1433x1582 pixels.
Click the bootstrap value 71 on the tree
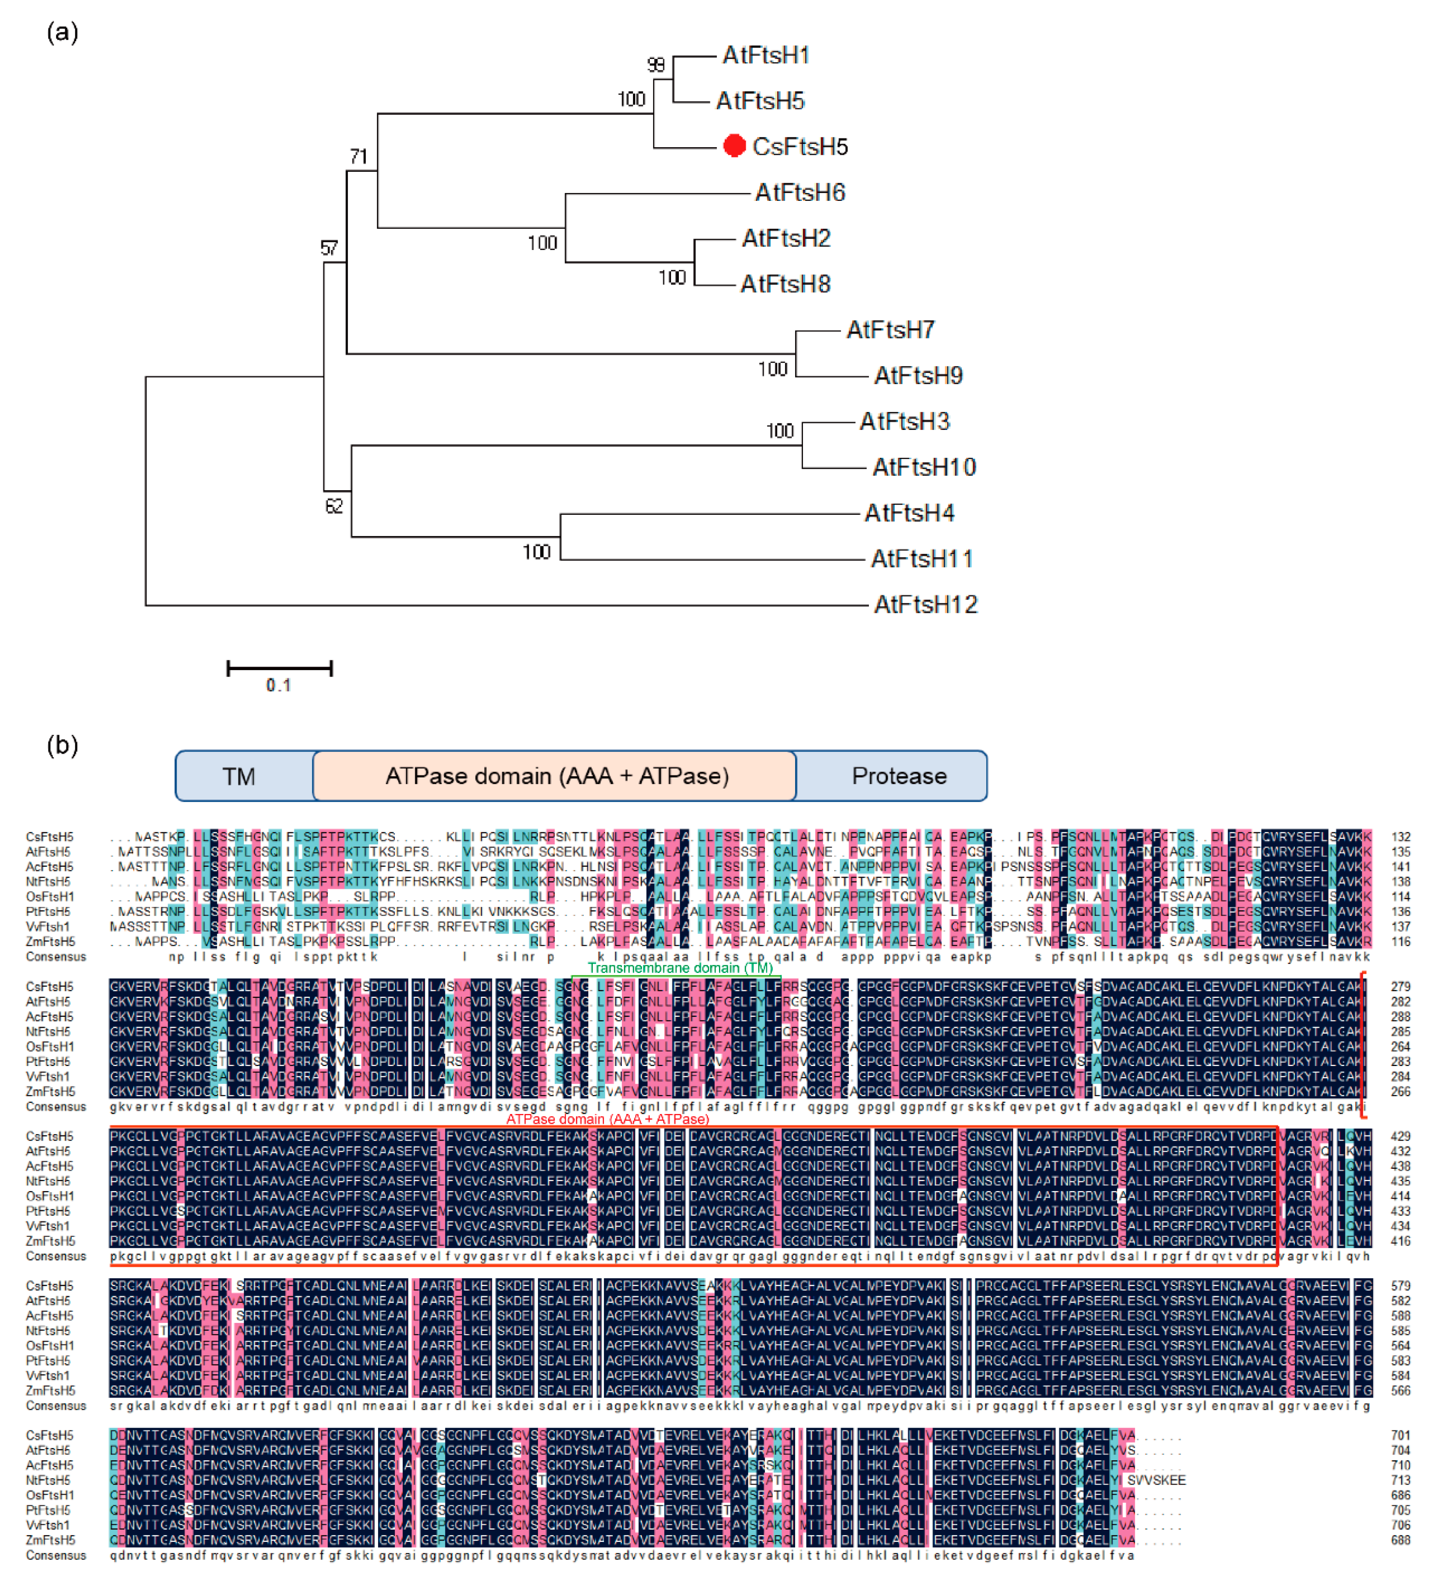click(x=358, y=156)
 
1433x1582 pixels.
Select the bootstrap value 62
click(x=334, y=506)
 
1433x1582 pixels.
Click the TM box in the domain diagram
click(x=239, y=776)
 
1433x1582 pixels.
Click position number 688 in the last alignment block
click(x=1400, y=1541)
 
